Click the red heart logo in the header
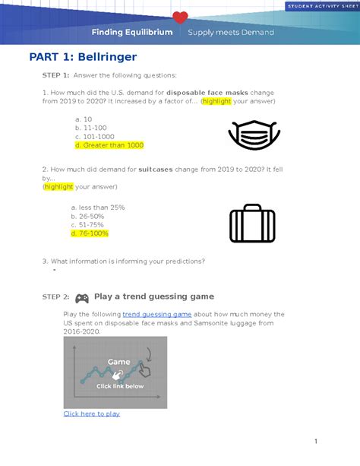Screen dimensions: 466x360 180,17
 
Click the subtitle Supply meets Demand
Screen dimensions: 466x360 231,33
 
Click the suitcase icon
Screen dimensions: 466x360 252,223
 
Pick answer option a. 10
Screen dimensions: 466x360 84,119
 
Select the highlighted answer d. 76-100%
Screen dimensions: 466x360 90,233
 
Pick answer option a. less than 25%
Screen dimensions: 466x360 97,207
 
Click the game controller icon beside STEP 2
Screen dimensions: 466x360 81,298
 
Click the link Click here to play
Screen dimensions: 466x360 91,414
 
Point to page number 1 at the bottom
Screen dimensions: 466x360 336,442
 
